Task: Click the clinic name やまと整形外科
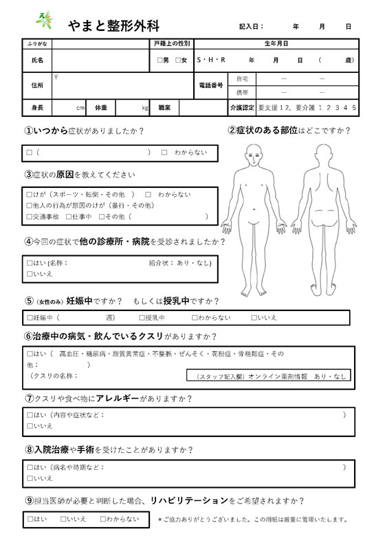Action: pos(114,26)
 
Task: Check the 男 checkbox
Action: pos(159,61)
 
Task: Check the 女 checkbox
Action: pos(177,61)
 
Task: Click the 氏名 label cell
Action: pos(37,61)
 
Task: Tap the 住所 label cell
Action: pos(37,85)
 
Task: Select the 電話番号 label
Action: pos(212,85)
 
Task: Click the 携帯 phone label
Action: pos(242,92)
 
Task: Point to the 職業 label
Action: pos(164,108)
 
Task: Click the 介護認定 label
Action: pos(241,108)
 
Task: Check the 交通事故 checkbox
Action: pos(30,217)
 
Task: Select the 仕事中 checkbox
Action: pos(69,217)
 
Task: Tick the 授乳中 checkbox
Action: pos(142,318)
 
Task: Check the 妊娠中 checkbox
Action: pos(30,318)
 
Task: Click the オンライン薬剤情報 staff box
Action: pos(269,376)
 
